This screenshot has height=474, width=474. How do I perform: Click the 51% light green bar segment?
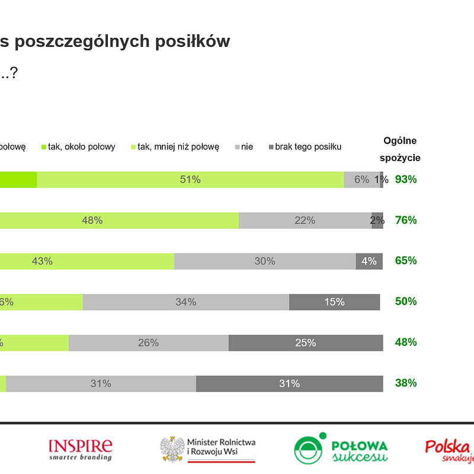click(190, 180)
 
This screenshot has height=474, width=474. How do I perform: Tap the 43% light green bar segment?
click(87, 261)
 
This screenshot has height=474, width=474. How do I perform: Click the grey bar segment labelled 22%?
click(305, 220)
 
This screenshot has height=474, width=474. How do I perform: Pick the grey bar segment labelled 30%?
click(264, 261)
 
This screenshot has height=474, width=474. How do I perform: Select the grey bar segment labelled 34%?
click(185, 302)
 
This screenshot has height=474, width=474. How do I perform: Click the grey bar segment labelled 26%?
click(148, 342)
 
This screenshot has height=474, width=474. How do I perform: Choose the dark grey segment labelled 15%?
click(334, 302)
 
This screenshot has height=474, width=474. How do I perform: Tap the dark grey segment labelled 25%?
click(305, 342)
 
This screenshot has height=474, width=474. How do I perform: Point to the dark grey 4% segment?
click(369, 261)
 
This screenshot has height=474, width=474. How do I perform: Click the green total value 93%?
click(406, 180)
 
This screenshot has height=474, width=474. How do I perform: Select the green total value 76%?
click(406, 220)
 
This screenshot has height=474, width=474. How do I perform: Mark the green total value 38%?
click(406, 383)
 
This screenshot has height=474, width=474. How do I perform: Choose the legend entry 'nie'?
click(246, 147)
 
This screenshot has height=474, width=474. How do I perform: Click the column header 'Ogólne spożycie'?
click(400, 149)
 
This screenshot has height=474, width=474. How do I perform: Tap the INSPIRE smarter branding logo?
click(80, 449)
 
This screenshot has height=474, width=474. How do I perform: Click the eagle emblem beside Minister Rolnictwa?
click(172, 449)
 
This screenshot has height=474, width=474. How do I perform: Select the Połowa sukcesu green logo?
click(341, 449)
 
